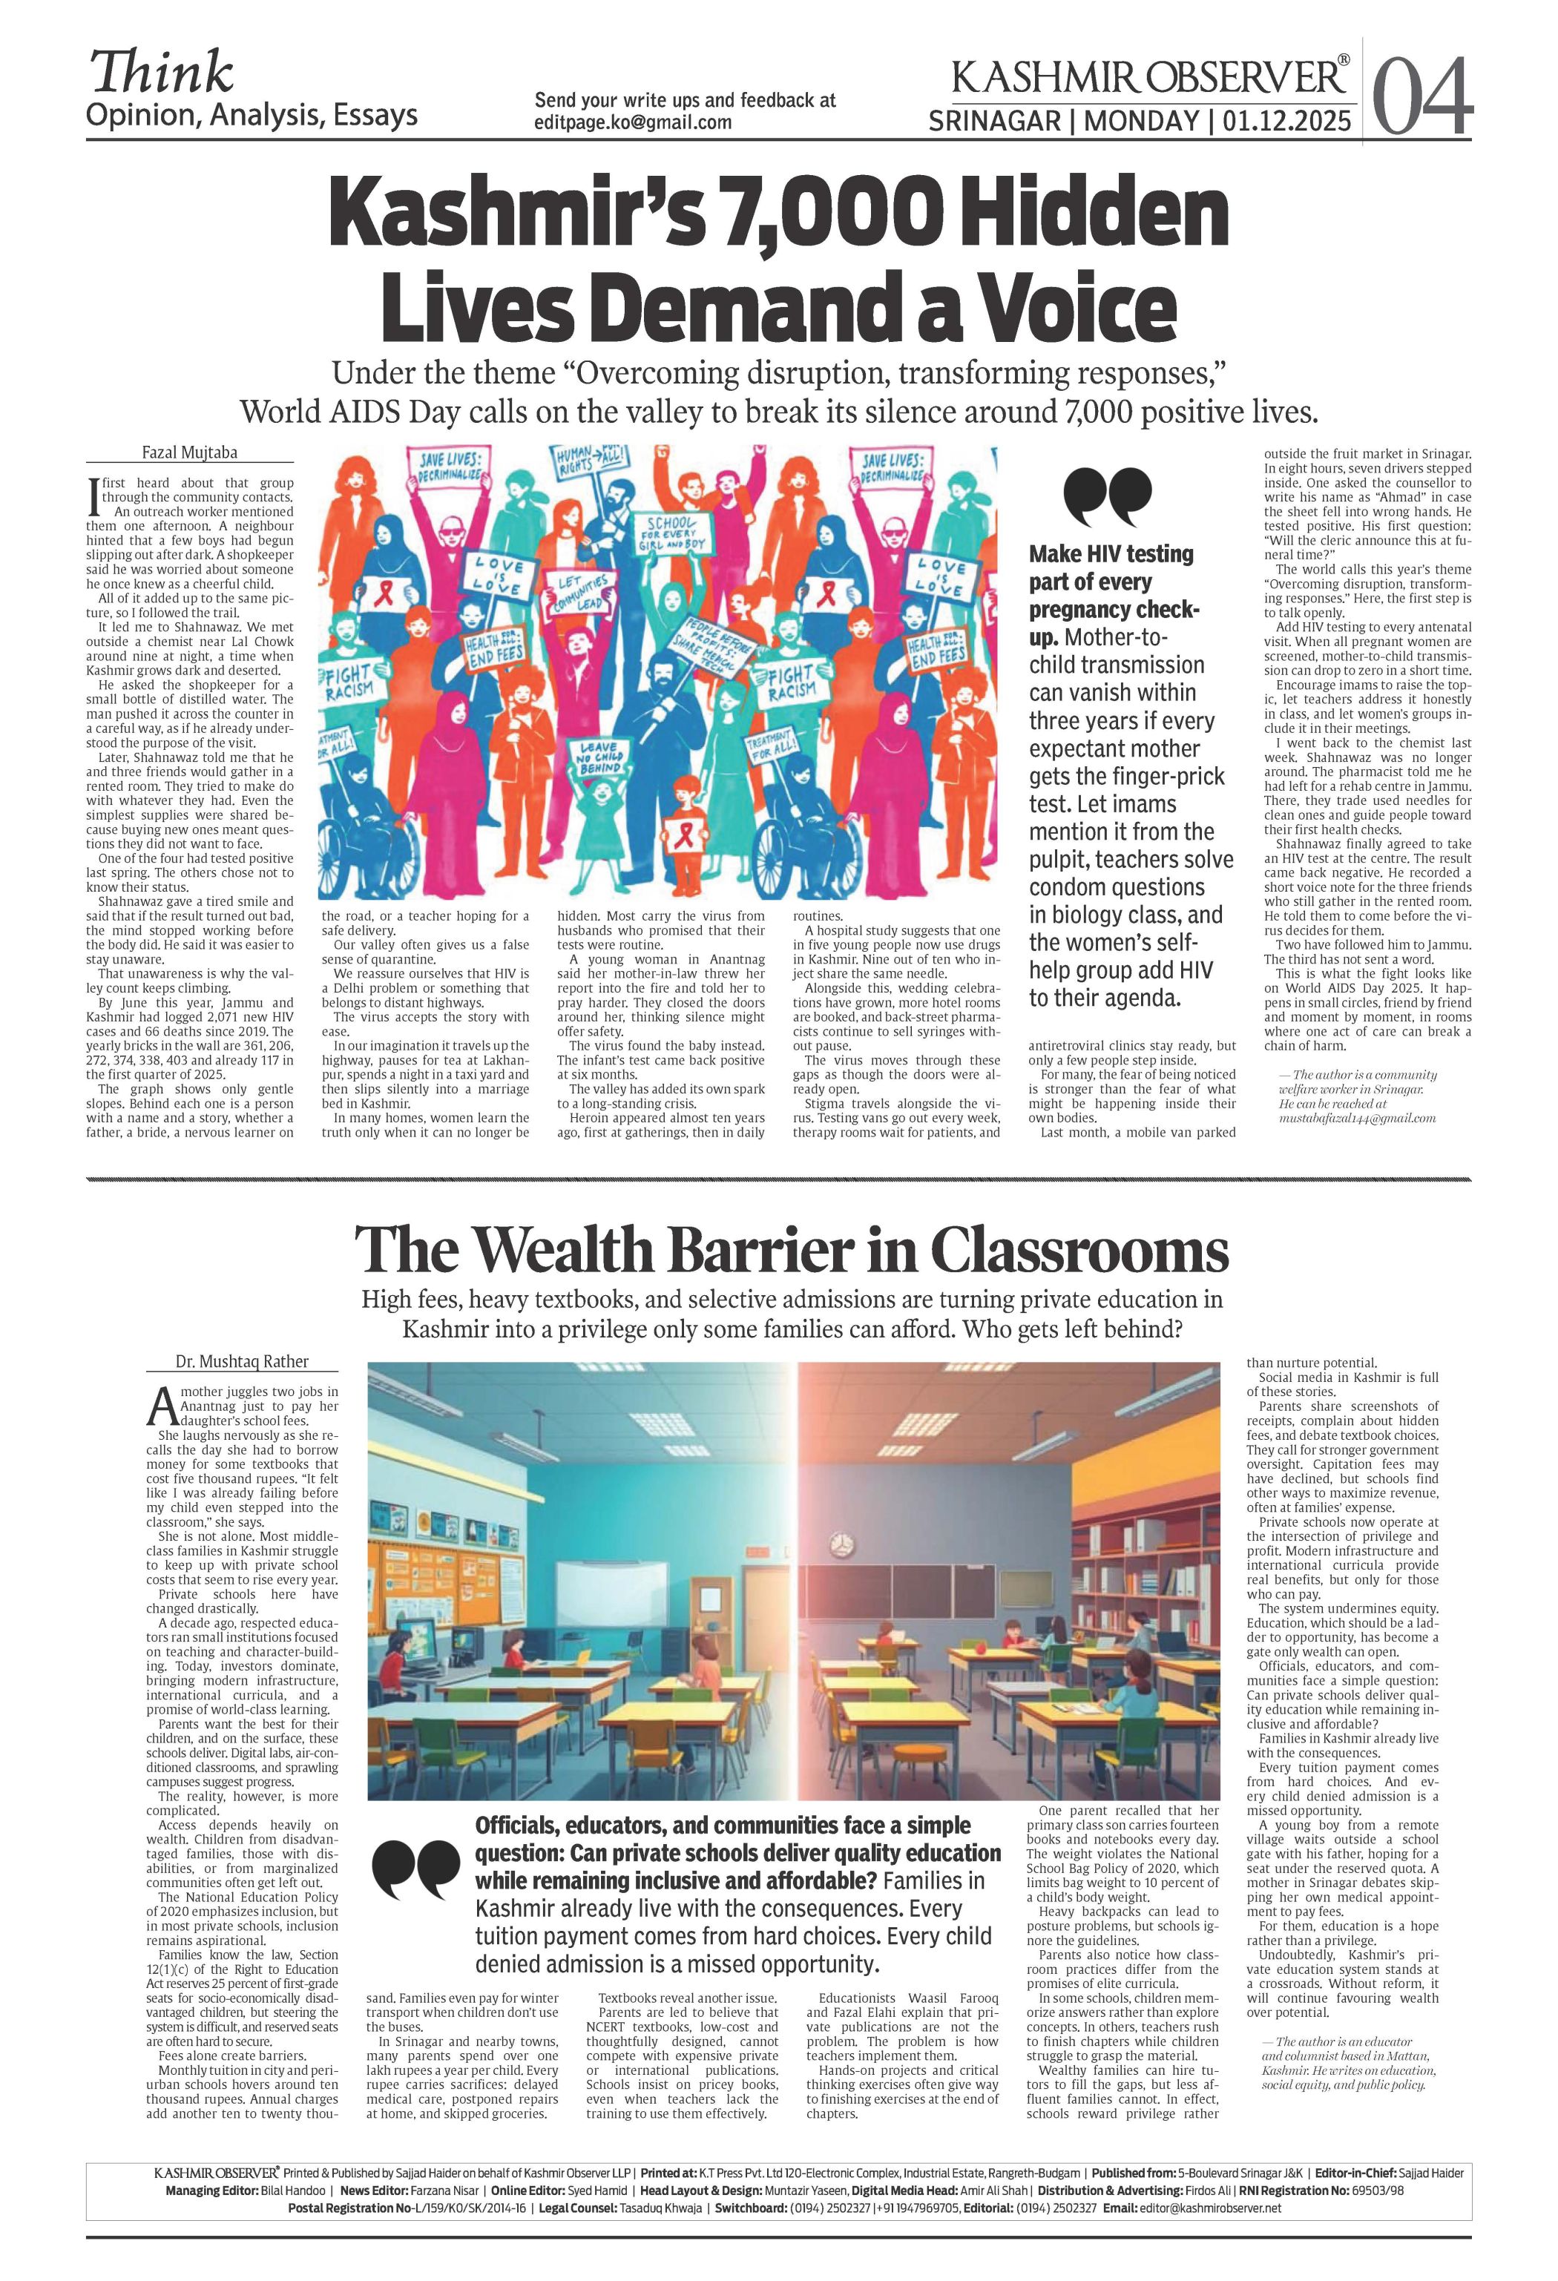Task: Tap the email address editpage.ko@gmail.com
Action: (633, 122)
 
